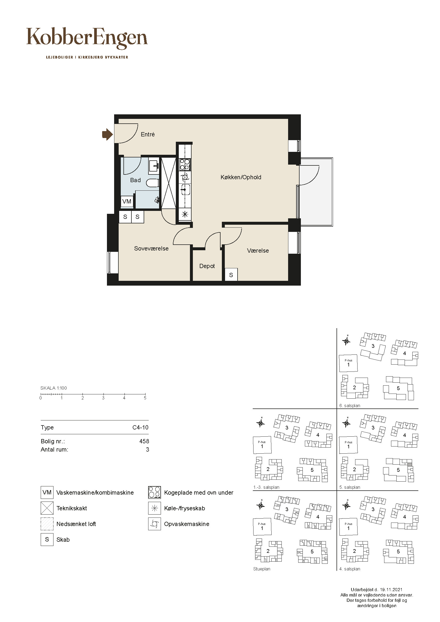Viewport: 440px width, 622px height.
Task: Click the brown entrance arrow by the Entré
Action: [x=107, y=134]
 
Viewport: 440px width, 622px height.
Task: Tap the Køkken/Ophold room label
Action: [x=241, y=177]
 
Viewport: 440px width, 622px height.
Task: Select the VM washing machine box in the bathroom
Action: [x=127, y=201]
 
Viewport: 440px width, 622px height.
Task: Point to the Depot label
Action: [x=207, y=266]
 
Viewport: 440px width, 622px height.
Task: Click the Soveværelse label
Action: [x=151, y=248]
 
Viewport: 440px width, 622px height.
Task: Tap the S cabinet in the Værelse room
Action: [x=231, y=275]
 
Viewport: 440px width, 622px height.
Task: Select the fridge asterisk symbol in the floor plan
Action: [x=185, y=215]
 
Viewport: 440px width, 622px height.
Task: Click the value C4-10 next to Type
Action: [x=140, y=427]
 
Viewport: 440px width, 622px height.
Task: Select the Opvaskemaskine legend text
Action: [x=187, y=524]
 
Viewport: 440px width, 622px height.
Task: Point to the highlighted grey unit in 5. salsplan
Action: [x=410, y=464]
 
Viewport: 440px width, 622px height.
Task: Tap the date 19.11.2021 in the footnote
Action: [x=391, y=590]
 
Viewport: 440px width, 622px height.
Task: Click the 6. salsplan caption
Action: [x=350, y=406]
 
